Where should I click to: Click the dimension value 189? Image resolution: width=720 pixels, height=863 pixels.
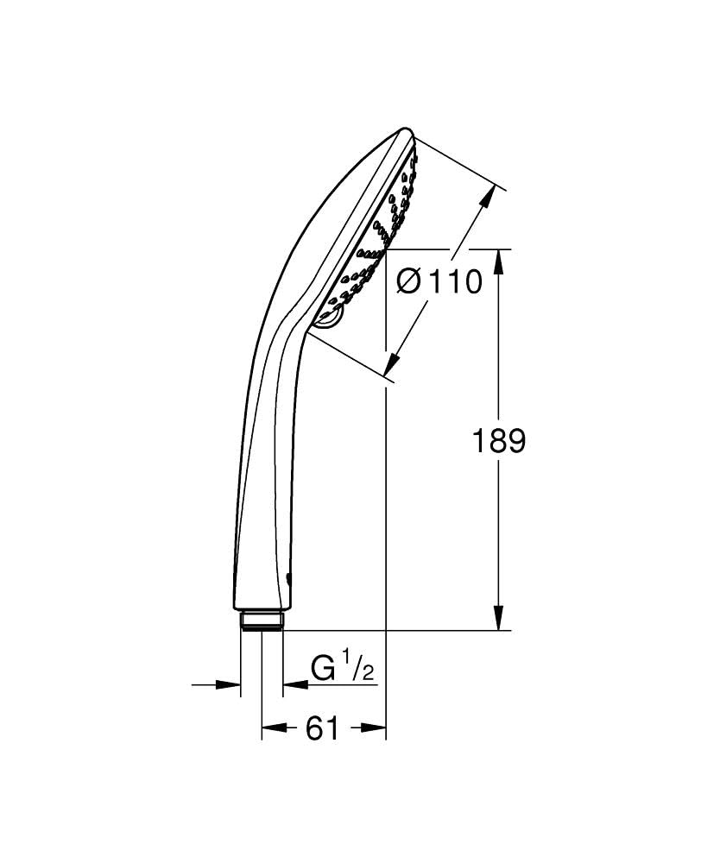coord(499,441)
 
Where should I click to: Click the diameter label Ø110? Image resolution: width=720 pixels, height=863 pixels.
coord(439,281)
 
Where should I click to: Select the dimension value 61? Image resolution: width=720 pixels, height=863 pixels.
coord(321,729)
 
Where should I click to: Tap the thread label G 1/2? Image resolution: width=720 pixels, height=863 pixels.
coord(343,669)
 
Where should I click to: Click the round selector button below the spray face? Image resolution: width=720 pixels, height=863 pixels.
coord(330,320)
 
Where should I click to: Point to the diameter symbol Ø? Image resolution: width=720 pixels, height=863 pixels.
coord(410,281)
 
